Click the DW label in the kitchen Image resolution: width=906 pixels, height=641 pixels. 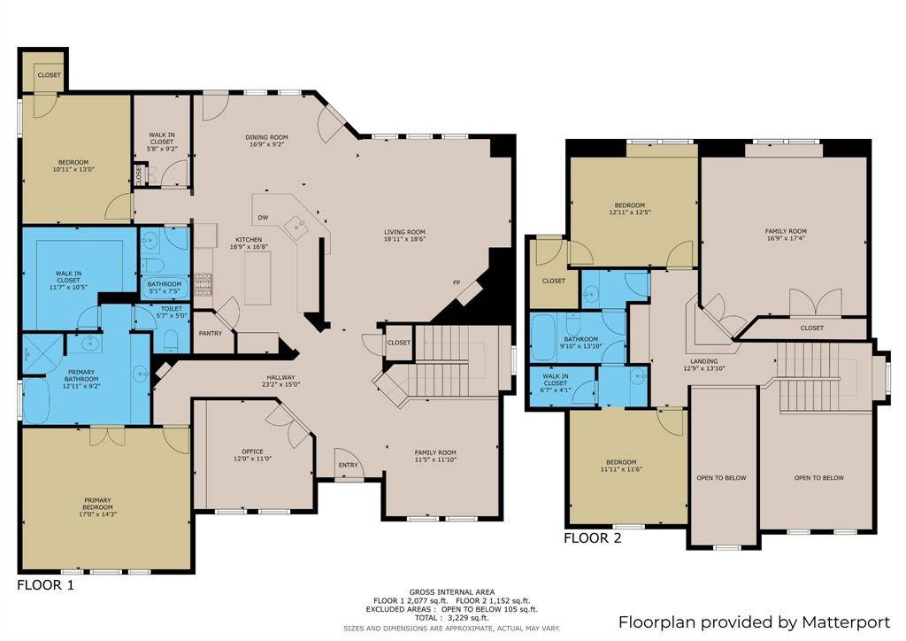pos(263,218)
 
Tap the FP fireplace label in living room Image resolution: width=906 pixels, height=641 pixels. pos(457,282)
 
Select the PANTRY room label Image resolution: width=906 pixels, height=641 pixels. pos(211,334)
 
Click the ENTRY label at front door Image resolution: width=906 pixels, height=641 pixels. pos(348,465)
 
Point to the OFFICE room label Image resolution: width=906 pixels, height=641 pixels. pos(252,452)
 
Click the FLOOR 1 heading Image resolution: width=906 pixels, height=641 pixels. pos(46,585)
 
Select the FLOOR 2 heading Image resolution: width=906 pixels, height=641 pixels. pos(593,538)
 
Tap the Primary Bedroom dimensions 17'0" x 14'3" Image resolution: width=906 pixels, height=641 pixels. pos(97,514)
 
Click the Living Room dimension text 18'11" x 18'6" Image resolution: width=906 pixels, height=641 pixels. pos(404,239)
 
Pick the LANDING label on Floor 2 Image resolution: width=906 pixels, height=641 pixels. pos(703,361)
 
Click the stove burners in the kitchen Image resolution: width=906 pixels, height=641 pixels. pos(203,284)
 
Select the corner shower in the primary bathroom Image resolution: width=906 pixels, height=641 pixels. pos(42,354)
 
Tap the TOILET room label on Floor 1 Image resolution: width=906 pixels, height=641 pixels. pos(172,309)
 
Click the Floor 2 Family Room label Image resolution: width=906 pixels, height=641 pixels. pos(786,231)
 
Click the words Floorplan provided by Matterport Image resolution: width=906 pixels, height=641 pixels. pos(754,622)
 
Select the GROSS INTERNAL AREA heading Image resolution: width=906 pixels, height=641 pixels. pos(452,592)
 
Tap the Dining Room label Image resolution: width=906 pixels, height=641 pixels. pos(266,137)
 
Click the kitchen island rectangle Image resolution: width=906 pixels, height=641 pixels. pos(257,277)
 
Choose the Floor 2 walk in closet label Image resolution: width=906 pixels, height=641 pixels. pos(556,380)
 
